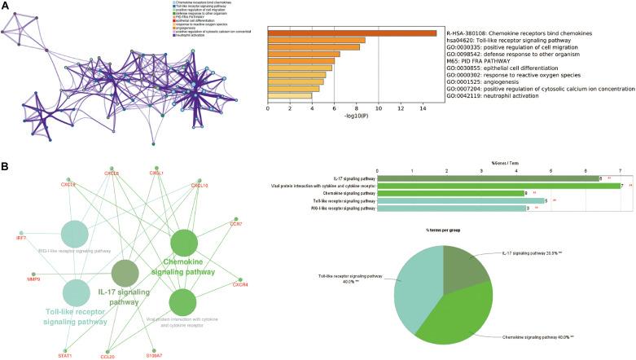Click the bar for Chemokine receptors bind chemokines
(353, 33)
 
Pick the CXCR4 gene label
(239, 285)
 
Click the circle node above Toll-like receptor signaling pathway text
(76, 292)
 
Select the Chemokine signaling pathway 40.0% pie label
(529, 336)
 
